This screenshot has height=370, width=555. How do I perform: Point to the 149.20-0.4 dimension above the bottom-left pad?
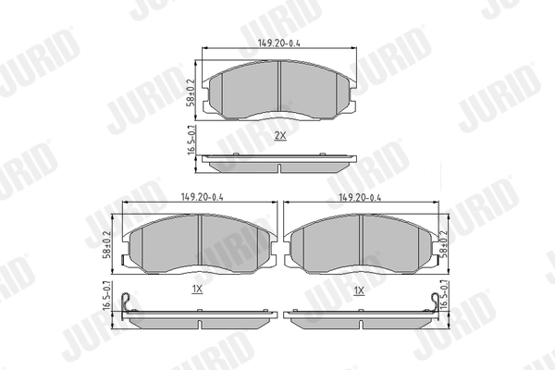[x=195, y=196]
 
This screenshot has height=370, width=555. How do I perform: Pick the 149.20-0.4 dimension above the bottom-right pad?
[x=360, y=196]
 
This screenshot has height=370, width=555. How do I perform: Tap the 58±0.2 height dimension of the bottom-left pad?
[x=110, y=243]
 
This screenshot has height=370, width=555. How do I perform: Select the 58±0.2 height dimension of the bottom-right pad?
[x=445, y=242]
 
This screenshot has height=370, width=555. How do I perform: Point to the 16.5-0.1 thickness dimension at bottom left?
[x=110, y=296]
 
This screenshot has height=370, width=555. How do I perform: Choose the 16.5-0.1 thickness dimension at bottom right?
[x=445, y=296]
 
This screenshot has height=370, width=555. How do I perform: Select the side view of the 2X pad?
[x=278, y=164]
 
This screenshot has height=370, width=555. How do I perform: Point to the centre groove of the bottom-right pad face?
[x=361, y=243]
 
